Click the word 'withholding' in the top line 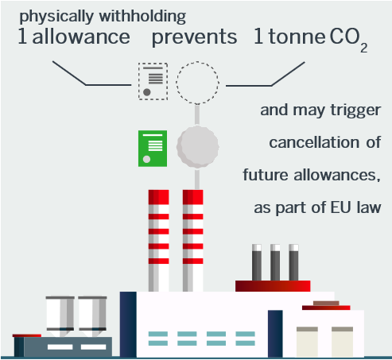click(142, 17)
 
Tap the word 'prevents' click(194, 37)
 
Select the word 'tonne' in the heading click(297, 37)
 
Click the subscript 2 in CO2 click(363, 48)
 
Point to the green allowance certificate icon click(153, 149)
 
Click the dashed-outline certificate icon click(153, 82)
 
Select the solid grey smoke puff click(197, 147)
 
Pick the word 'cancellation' click(314, 142)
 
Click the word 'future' click(266, 175)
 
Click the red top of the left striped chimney click(158, 197)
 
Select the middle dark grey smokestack click(275, 262)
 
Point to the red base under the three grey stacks click(273, 286)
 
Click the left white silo click(60, 315)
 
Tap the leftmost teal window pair click(158, 339)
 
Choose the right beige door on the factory click(342, 342)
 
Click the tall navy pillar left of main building click(128, 324)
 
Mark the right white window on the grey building click(93, 346)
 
